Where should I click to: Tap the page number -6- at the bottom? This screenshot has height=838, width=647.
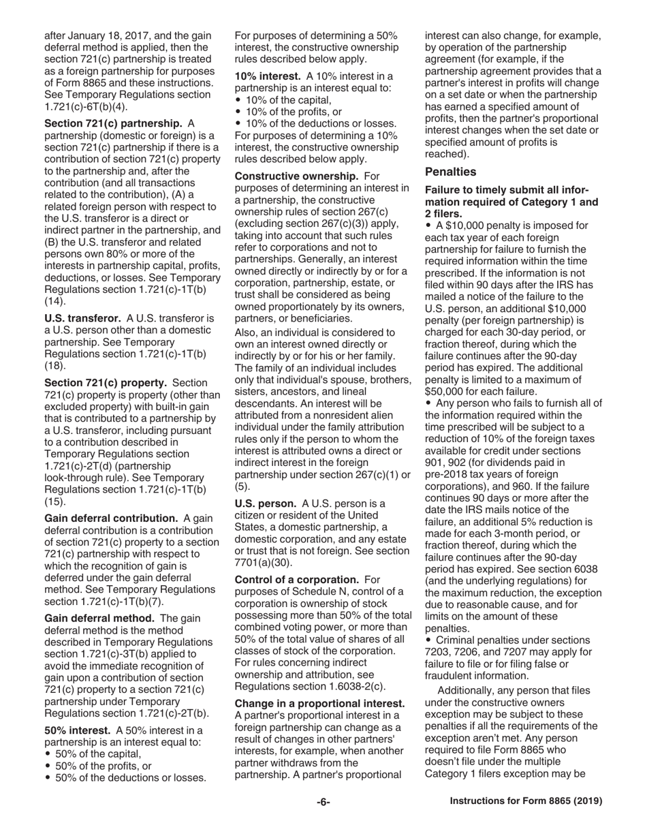click(323, 802)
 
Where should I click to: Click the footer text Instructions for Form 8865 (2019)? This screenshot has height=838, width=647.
click(526, 802)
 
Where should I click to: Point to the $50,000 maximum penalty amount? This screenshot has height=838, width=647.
click(448, 392)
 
